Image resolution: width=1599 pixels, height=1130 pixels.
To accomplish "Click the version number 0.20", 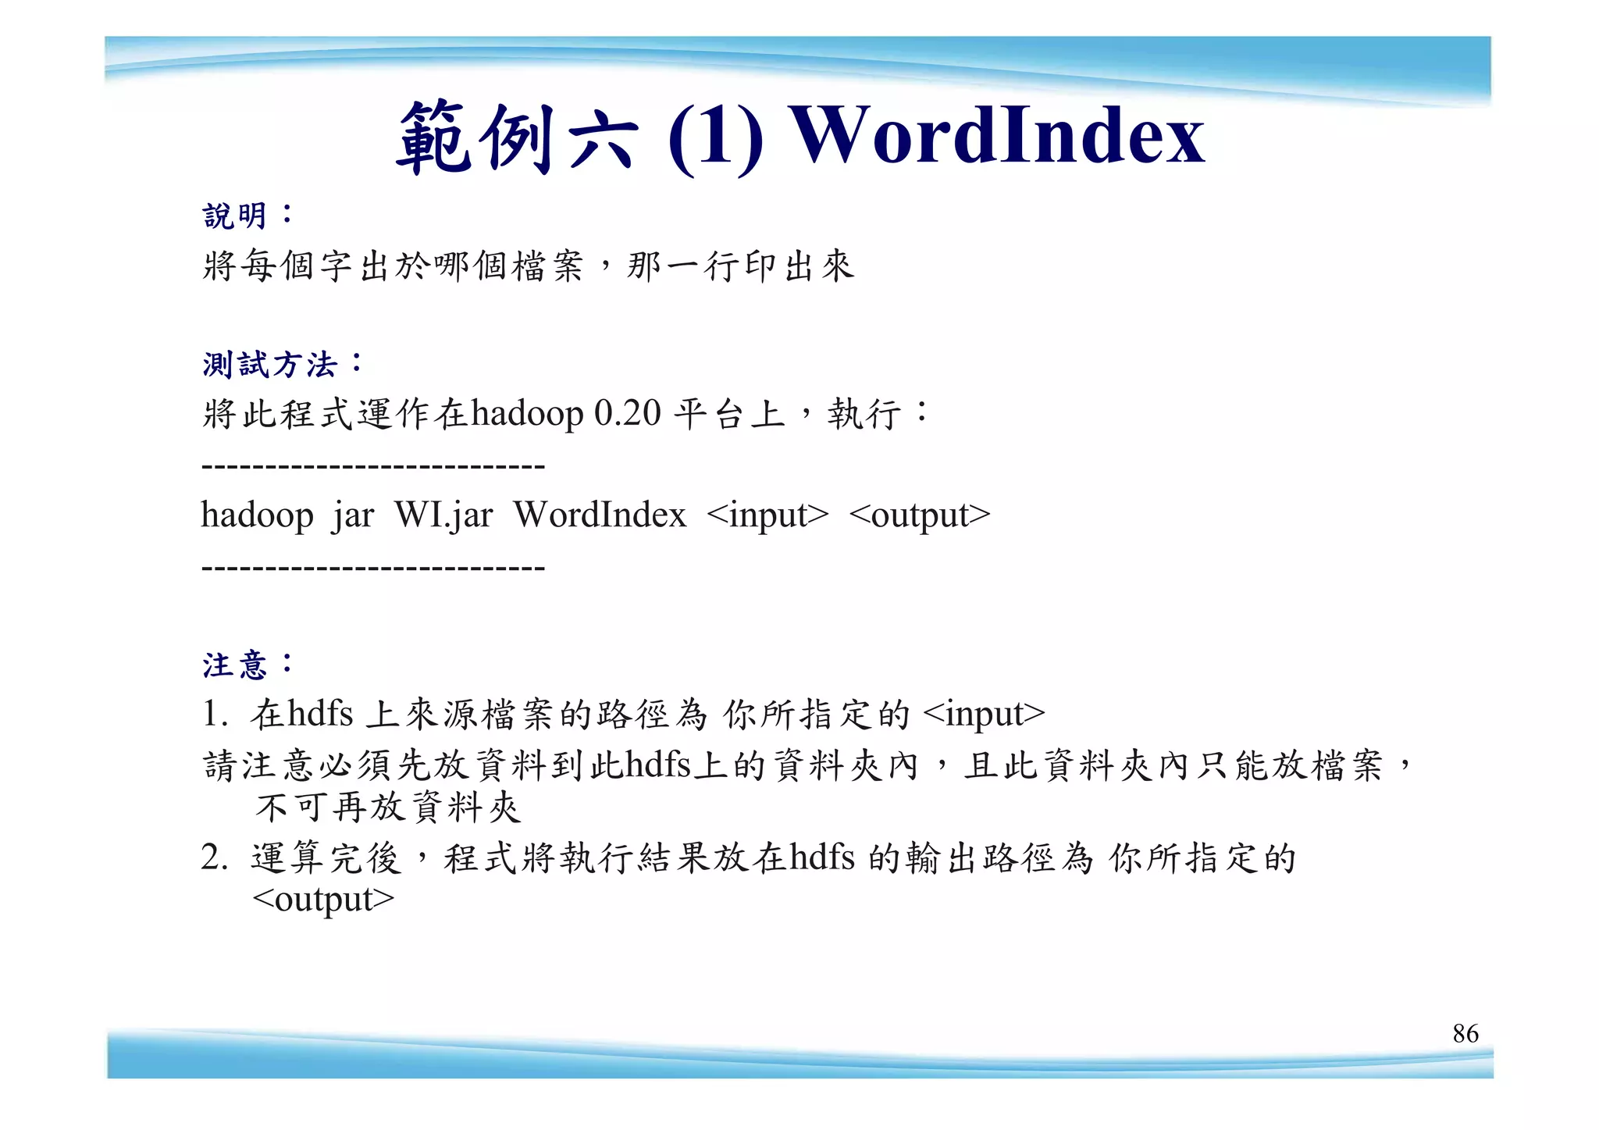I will pos(627,413).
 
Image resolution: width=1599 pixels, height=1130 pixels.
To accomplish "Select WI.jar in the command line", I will pos(443,515).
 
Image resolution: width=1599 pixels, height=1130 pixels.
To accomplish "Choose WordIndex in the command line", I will pos(600,515).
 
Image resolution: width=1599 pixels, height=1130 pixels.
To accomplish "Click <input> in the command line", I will pos(767,515).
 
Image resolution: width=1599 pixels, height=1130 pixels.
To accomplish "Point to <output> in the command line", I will pos(919,515).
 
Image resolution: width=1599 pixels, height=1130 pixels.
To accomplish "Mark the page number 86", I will pos(1465,1033).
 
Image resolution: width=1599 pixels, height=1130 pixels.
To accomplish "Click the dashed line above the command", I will pos(373,467).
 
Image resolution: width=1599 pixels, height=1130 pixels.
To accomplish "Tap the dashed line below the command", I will pos(373,568).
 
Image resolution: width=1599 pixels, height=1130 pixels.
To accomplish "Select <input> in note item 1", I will pos(983,714).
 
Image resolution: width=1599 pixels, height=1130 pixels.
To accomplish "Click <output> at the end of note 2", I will pos(323,900).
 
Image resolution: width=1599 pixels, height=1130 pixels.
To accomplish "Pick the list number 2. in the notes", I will pos(214,858).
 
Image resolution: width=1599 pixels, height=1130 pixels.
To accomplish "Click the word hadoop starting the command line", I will pos(257,515).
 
